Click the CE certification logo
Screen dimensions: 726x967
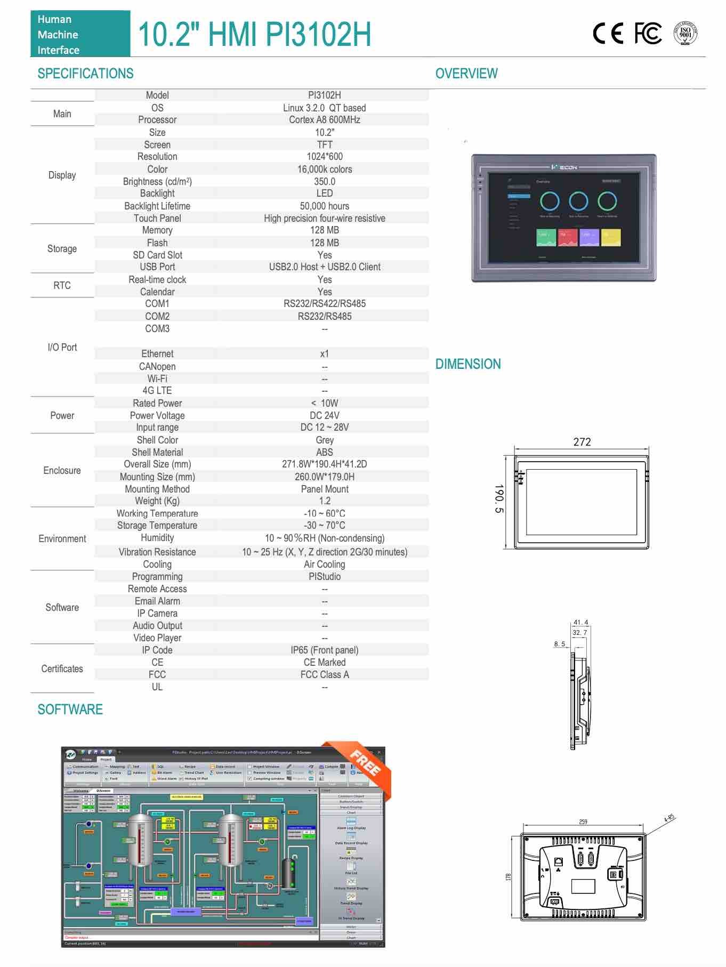pyautogui.click(x=608, y=34)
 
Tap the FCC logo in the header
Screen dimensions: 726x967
pyautogui.click(x=648, y=34)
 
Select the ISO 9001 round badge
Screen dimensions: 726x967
pyautogui.click(x=685, y=33)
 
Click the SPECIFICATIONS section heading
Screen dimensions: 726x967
pyautogui.click(x=85, y=74)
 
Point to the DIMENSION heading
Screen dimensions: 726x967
pyautogui.click(x=468, y=364)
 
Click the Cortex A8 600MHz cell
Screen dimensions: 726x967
pyautogui.click(x=324, y=120)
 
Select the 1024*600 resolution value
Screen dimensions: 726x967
pyautogui.click(x=324, y=157)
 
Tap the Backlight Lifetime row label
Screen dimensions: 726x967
pyautogui.click(x=157, y=206)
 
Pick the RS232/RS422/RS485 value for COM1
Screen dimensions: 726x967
pyautogui.click(x=324, y=304)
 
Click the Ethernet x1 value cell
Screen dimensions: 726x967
pyautogui.click(x=324, y=354)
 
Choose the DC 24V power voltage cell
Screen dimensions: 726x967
pyautogui.click(x=324, y=415)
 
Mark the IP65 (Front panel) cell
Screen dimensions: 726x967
pyautogui.click(x=324, y=650)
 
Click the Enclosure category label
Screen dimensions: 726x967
pyautogui.click(x=62, y=471)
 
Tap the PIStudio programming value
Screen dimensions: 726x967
pyautogui.click(x=324, y=577)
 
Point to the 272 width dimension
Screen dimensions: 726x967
pyautogui.click(x=582, y=442)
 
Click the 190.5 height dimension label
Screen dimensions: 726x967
pyautogui.click(x=498, y=499)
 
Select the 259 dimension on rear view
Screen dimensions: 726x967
pyautogui.click(x=583, y=821)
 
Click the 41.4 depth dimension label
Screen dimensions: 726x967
pyautogui.click(x=580, y=622)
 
